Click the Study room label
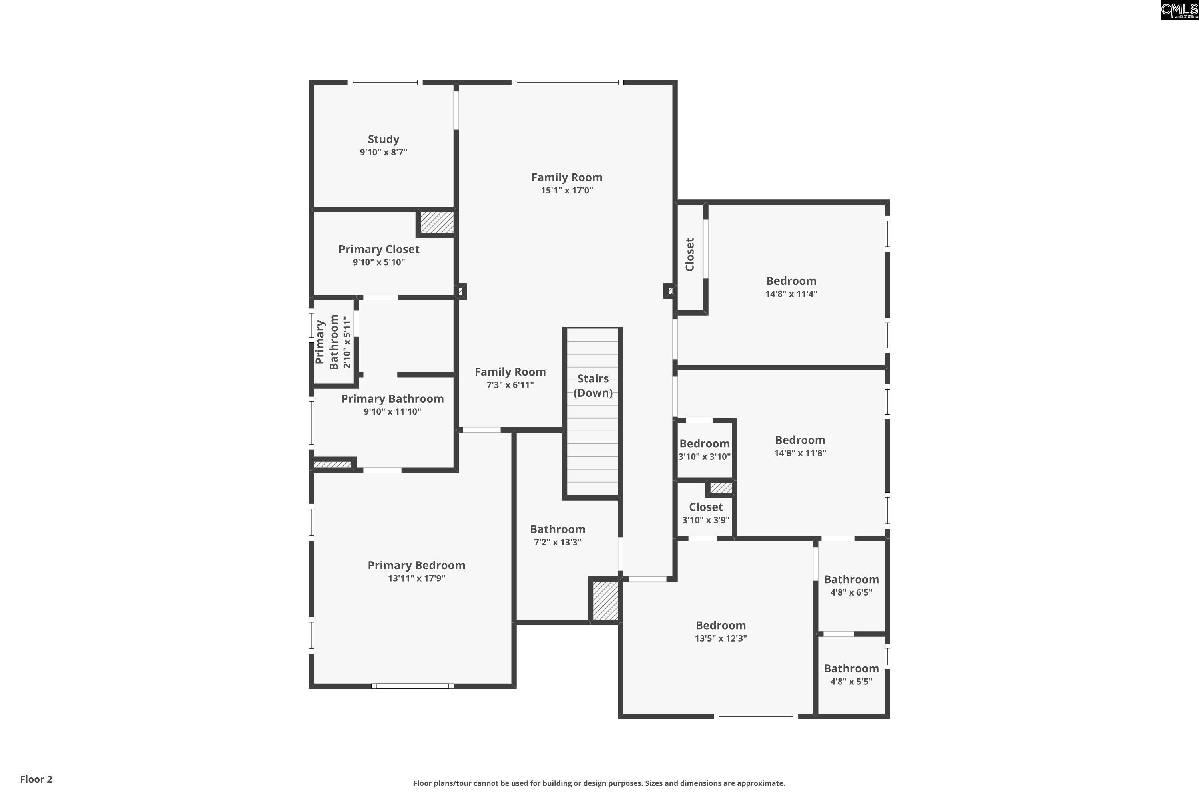tap(383, 139)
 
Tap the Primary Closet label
tap(379, 249)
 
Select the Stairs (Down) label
tap(593, 385)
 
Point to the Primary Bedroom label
tap(416, 565)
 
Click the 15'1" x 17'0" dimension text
tap(567, 191)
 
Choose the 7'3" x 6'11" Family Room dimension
tap(510, 385)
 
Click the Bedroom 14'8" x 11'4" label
tap(791, 281)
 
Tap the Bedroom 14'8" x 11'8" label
tap(800, 440)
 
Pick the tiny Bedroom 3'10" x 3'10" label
tap(705, 444)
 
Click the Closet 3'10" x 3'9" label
tap(706, 507)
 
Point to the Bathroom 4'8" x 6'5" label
tap(851, 579)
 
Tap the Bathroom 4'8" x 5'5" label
tap(851, 668)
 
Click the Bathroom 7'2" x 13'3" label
tap(557, 529)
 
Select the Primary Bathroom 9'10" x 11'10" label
tap(392, 398)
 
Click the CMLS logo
tap(1179, 10)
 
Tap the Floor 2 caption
tap(36, 779)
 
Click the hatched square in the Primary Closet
tap(437, 222)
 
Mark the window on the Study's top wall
tap(385, 83)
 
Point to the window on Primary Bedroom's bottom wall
tap(412, 686)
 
